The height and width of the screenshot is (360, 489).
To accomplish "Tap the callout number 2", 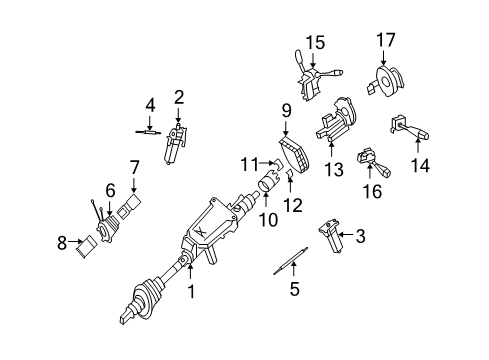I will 179,97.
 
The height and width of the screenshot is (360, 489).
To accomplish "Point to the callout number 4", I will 149,104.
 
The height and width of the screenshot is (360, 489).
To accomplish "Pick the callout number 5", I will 294,291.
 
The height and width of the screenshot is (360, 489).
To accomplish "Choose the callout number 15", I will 316,42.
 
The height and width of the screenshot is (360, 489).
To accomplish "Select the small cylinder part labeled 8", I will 87,243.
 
